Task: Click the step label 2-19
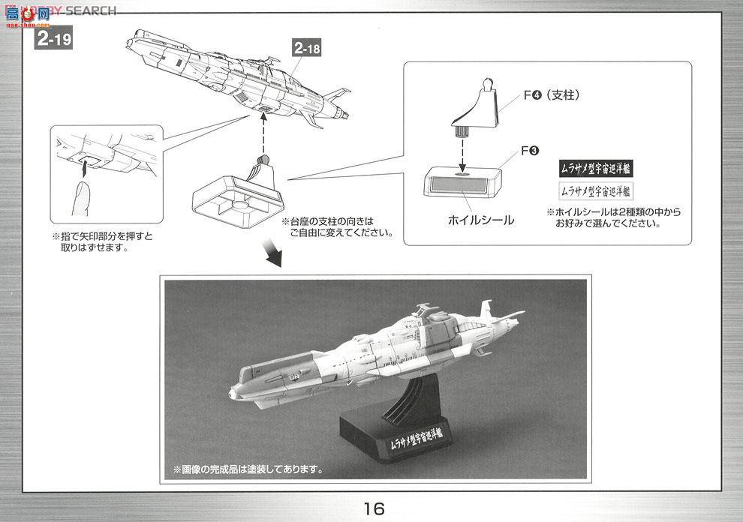click(54, 38)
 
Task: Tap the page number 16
click(373, 508)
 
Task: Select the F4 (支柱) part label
click(552, 95)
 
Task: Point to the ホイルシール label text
click(480, 220)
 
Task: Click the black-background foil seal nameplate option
click(596, 169)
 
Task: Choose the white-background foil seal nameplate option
click(596, 191)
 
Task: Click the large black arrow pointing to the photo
click(272, 255)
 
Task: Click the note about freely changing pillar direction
click(337, 227)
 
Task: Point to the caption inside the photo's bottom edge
click(248, 470)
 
